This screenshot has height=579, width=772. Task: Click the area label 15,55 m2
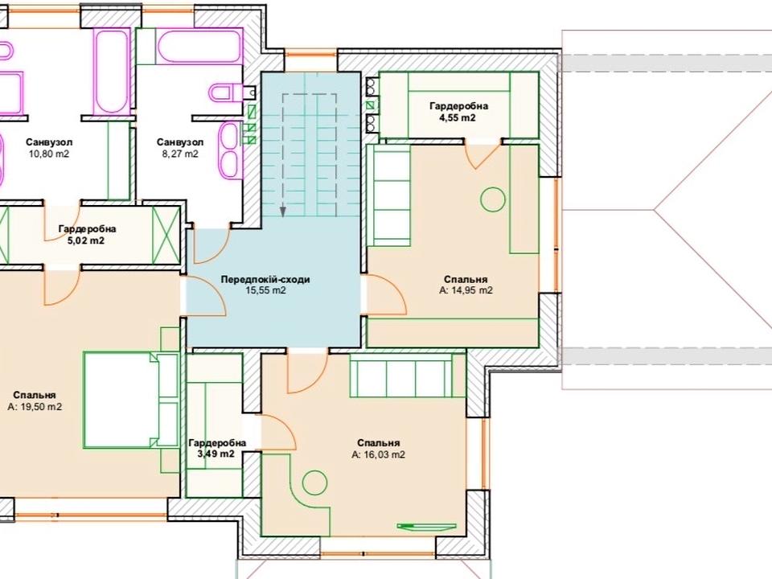pyautogui.click(x=266, y=290)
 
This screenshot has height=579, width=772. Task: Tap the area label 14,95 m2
pyautogui.click(x=466, y=290)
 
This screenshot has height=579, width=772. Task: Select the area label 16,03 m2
pyautogui.click(x=378, y=455)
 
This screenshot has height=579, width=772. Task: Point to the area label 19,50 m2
pyautogui.click(x=35, y=407)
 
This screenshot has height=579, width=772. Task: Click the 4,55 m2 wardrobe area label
pyautogui.click(x=458, y=117)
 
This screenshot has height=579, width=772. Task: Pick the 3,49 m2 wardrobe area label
pyautogui.click(x=216, y=454)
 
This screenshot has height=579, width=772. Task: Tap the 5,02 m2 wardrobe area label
pyautogui.click(x=86, y=240)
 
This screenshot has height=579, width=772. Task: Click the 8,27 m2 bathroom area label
pyautogui.click(x=179, y=154)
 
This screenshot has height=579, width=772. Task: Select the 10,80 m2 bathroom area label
pyautogui.click(x=48, y=154)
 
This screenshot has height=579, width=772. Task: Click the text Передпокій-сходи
pyautogui.click(x=265, y=279)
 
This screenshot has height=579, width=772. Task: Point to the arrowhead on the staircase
pyautogui.click(x=283, y=211)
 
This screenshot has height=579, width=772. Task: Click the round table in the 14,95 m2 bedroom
pyautogui.click(x=493, y=199)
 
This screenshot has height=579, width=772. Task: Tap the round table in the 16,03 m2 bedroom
pyautogui.click(x=314, y=482)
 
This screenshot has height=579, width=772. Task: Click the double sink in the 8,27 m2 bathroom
pyautogui.click(x=229, y=150)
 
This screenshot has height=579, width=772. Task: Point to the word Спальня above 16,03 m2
pyautogui.click(x=379, y=443)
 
